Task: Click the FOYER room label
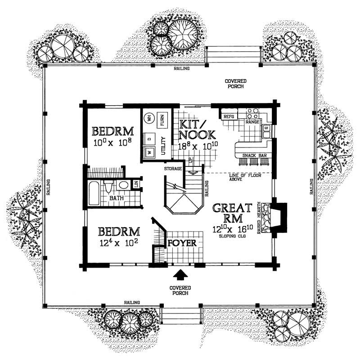pos(182,243)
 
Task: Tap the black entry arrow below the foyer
pos(181,274)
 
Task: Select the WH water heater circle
pos(149,118)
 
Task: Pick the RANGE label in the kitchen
pos(252,122)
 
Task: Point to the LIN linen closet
pos(135,184)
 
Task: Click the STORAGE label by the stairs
pos(173,169)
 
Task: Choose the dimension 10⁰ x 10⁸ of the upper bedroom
pos(113,143)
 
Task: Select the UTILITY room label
pos(164,145)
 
